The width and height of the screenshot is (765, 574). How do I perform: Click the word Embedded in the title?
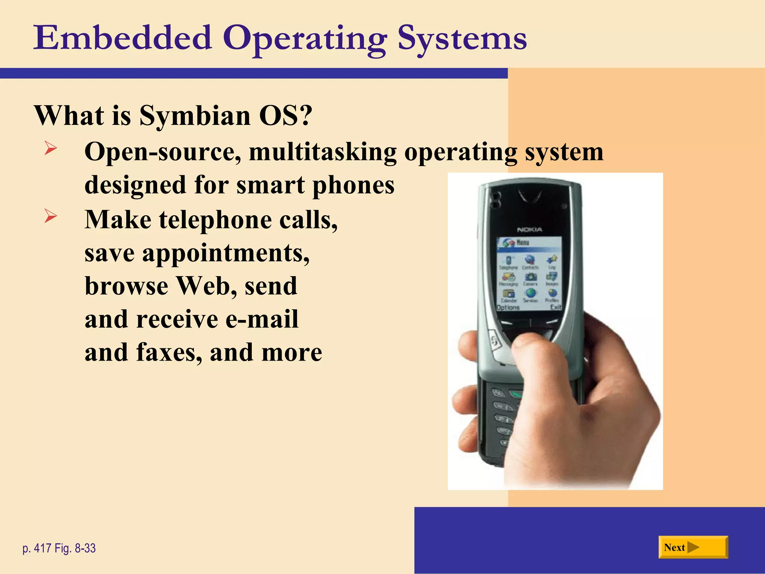(x=123, y=38)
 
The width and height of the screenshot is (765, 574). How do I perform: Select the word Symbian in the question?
(x=195, y=115)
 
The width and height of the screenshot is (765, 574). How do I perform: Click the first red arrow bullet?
(x=50, y=148)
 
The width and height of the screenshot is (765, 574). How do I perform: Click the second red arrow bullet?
(x=50, y=216)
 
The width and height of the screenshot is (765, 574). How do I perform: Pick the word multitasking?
(x=323, y=152)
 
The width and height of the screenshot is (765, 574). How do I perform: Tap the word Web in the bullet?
(x=206, y=286)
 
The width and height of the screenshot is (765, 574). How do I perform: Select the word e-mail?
(x=262, y=319)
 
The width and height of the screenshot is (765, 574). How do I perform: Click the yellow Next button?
(x=693, y=547)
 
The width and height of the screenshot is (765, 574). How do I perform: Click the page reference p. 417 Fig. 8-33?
(x=59, y=548)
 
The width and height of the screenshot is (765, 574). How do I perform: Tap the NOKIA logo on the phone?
(x=529, y=229)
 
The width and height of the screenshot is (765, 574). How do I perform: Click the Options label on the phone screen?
(x=508, y=307)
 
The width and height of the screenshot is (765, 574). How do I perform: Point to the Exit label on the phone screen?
(x=555, y=307)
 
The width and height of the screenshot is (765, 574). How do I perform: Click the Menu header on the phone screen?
(x=522, y=243)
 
